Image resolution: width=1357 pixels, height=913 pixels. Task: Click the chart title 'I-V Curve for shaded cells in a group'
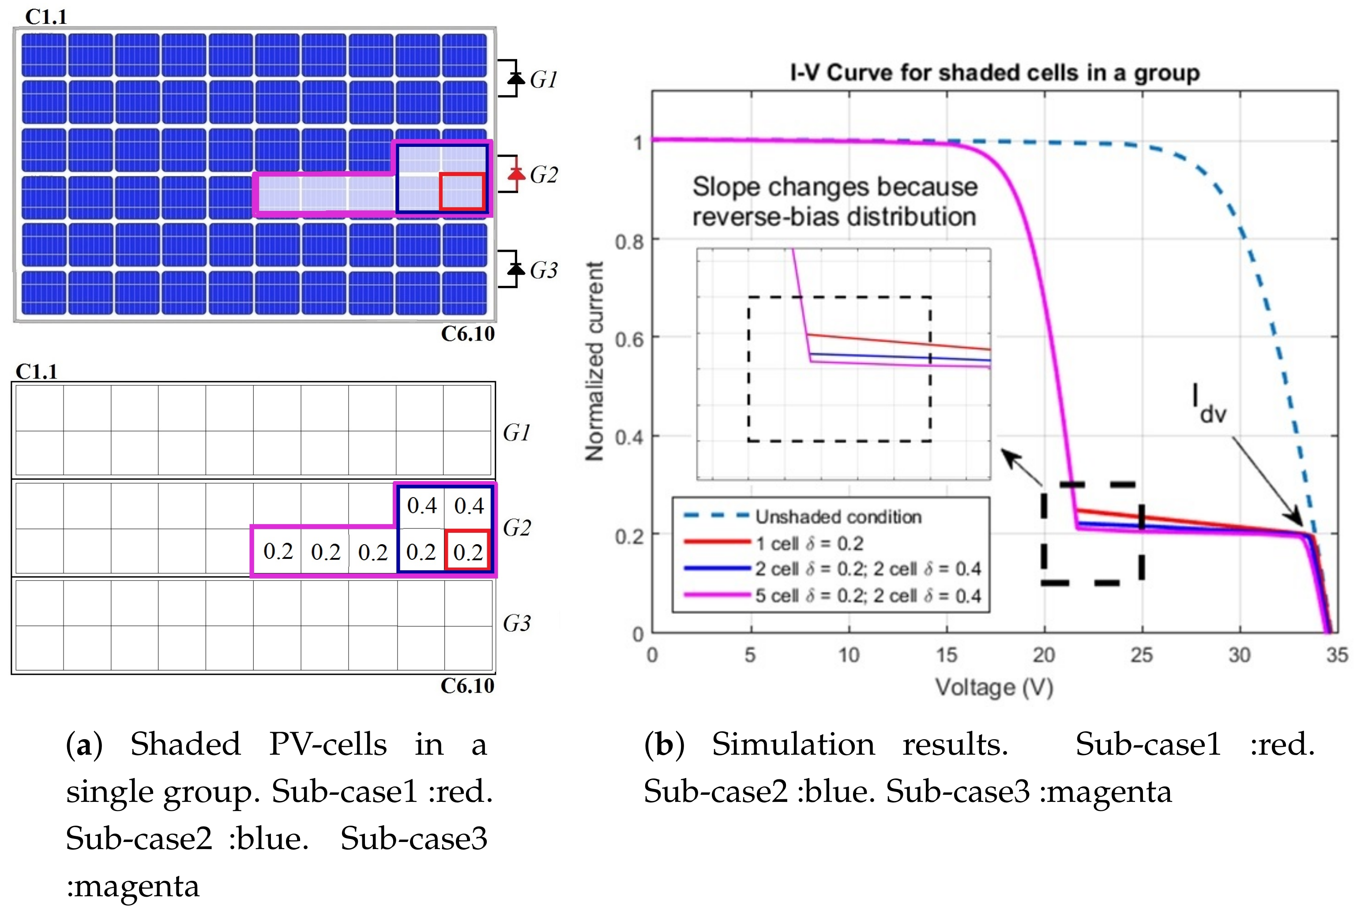coord(994,73)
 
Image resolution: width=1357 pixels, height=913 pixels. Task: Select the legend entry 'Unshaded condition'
coord(838,516)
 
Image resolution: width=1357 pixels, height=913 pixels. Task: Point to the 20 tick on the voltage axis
coord(1044,655)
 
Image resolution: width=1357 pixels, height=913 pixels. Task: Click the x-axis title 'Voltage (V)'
coord(994,687)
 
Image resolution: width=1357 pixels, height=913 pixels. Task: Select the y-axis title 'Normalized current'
coord(594,361)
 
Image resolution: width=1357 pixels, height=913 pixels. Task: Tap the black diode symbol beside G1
coord(515,78)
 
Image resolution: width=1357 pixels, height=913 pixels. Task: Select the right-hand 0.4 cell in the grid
coord(469,505)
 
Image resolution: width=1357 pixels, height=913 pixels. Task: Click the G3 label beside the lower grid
coord(517,623)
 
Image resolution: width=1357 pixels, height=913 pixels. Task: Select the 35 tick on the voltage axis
coord(1337,655)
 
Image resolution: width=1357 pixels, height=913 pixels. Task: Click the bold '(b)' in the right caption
coord(664,745)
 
